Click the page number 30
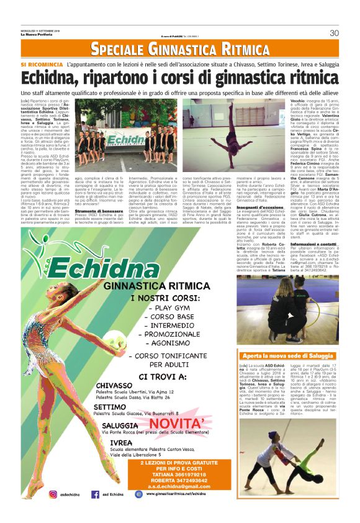(x=334, y=32)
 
